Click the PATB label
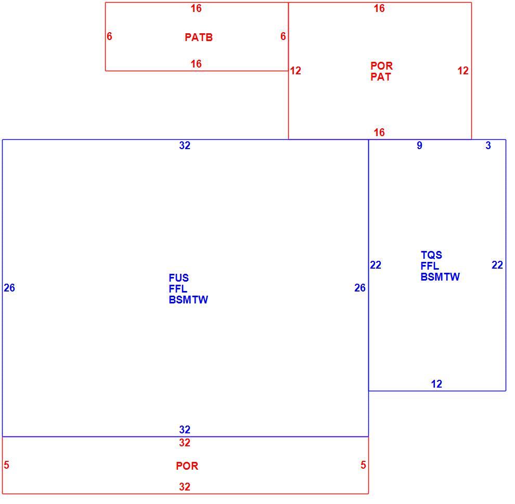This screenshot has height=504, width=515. [199, 37]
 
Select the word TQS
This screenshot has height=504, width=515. [431, 255]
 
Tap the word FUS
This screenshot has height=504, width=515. [178, 278]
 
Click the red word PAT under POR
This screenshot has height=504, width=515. [381, 77]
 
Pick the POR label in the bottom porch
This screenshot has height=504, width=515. [187, 466]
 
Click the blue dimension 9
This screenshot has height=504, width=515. [419, 145]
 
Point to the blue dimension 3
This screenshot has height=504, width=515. [488, 145]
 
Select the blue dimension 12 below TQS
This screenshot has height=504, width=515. [436, 384]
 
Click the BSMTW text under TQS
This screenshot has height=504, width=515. [440, 277]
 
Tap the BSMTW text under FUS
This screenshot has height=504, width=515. [188, 300]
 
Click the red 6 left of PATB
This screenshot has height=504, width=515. [109, 36]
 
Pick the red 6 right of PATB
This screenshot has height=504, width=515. [283, 36]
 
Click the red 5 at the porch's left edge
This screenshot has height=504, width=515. [6, 465]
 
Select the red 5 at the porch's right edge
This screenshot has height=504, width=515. [363, 465]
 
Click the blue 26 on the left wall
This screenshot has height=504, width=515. [9, 288]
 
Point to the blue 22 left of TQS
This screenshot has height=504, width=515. [376, 265]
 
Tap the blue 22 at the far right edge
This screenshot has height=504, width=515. [497, 265]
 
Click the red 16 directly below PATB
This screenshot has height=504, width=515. [196, 64]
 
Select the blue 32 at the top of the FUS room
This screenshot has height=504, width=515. [185, 145]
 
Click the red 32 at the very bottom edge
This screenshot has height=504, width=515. [185, 487]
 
